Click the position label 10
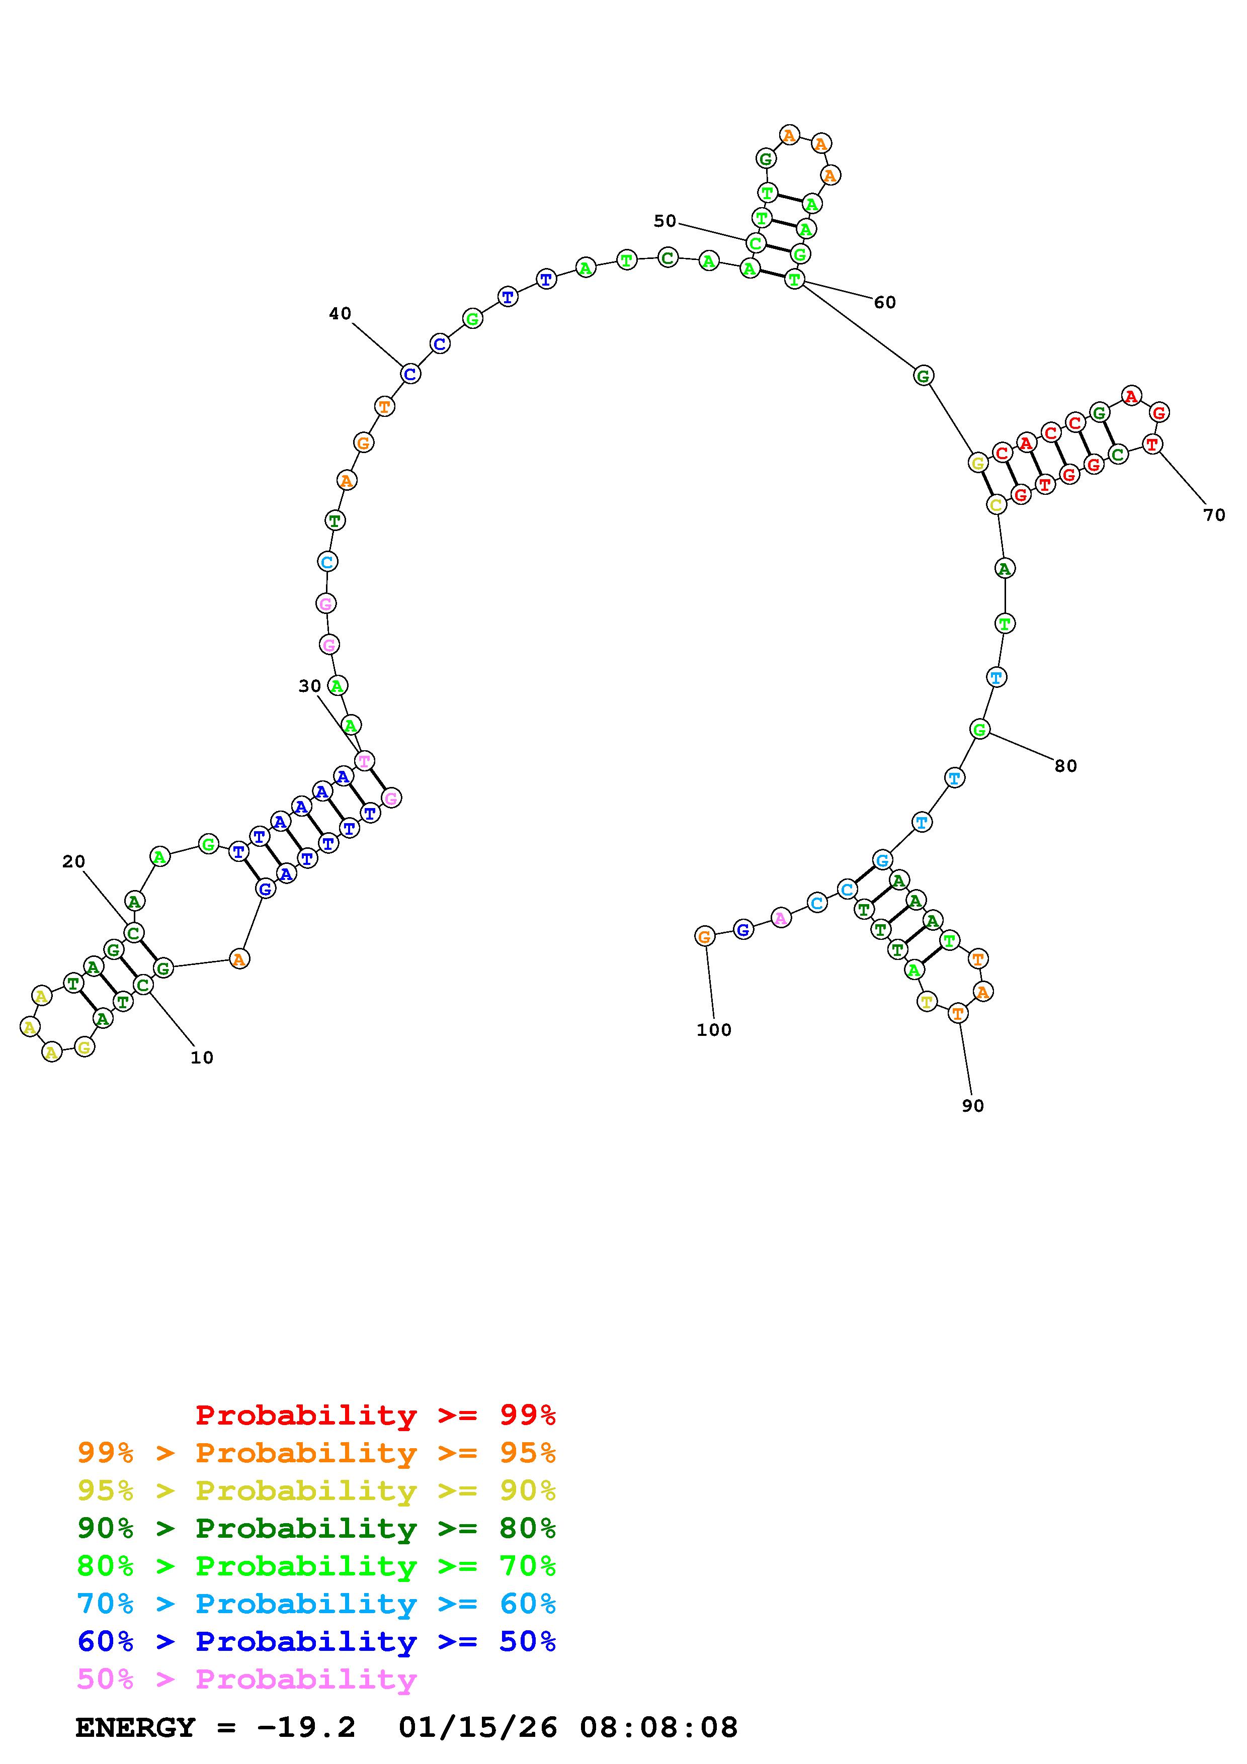202,1058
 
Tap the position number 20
74,862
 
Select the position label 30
310,686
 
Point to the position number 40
341,313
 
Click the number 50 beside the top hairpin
666,221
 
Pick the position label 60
885,303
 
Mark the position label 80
1066,766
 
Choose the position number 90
973,1106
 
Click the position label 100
714,1030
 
